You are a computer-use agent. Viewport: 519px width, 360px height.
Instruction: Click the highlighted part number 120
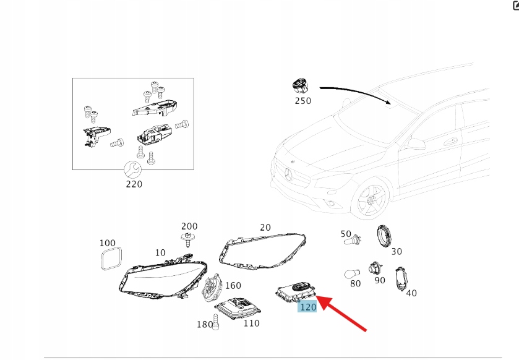308,307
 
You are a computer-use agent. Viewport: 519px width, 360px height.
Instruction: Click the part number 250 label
303,101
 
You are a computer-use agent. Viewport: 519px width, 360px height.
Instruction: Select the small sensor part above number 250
301,87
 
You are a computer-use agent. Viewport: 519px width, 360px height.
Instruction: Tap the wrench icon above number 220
132,169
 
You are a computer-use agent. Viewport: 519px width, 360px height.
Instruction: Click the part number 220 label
134,184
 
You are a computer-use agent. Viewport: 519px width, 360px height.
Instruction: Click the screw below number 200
187,239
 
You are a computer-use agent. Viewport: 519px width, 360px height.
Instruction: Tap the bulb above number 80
352,274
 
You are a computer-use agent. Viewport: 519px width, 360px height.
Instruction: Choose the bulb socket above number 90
375,268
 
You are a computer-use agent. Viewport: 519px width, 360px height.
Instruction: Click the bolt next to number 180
216,322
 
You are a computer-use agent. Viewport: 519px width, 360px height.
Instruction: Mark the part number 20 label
265,228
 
